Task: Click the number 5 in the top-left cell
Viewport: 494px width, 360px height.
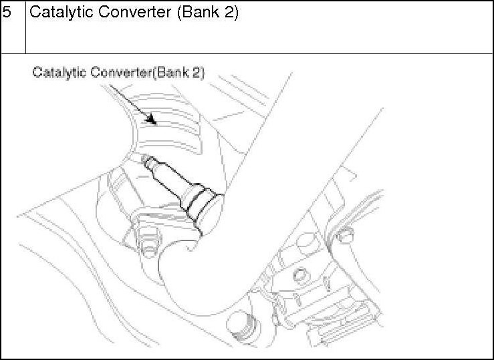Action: pyautogui.click(x=7, y=13)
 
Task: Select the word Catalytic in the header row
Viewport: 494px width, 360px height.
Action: pyautogui.click(x=57, y=13)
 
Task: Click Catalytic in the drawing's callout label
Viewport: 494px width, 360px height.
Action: pyautogui.click(x=56, y=72)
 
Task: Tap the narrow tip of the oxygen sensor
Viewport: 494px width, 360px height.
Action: pyautogui.click(x=148, y=161)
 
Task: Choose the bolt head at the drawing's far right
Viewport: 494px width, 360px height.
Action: pyautogui.click(x=345, y=234)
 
